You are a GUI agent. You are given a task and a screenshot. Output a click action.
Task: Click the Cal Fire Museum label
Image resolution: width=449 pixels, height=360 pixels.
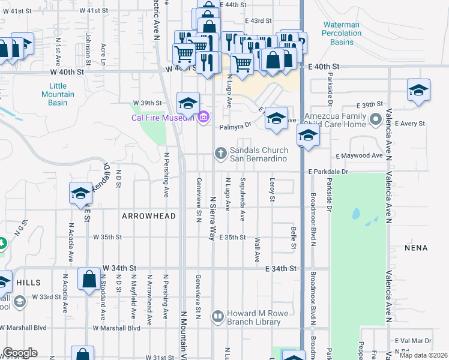[163, 117]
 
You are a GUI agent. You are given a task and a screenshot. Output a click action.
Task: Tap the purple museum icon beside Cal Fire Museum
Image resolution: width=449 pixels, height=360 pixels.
[203, 117]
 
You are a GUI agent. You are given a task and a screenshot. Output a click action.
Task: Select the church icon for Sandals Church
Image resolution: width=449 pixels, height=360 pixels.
[220, 154]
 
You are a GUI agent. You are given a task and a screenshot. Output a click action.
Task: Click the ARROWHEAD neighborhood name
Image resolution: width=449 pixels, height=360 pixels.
[149, 216]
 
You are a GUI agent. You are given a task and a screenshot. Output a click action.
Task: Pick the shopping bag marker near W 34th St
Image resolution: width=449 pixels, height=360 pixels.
[89, 279]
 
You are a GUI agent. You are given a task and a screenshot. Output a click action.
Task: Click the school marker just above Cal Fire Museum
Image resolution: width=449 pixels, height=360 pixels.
[188, 103]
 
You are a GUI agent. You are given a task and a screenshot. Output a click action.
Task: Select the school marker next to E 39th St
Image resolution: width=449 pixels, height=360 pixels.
[418, 90]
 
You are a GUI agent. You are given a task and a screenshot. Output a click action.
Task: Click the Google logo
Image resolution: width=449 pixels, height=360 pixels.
[20, 353]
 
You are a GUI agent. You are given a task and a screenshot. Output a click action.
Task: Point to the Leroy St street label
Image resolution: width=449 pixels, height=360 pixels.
[272, 190]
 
